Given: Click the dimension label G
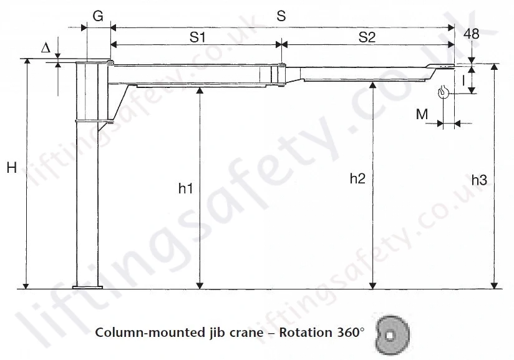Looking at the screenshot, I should tap(97, 17).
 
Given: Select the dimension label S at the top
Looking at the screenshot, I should tap(281, 17).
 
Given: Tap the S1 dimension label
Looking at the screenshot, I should tap(197, 37).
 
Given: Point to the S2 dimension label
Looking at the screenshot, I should tap(367, 37).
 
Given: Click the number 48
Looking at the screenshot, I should tap(472, 35).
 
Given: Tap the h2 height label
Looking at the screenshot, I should tap(357, 179).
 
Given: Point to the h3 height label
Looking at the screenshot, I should tap(478, 180).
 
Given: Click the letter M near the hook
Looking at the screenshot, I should tap(422, 114).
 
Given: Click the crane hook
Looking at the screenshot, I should tap(444, 92).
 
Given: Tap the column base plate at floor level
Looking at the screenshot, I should tap(88, 287).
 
